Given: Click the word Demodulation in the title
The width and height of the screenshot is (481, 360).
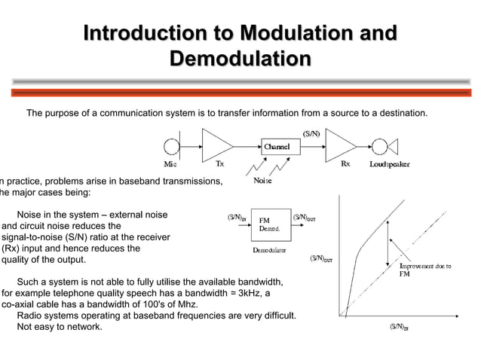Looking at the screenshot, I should click(240, 58).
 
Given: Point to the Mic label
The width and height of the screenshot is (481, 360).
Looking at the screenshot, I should click(171, 163).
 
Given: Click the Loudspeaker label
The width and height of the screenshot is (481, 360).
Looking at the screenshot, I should click(390, 163).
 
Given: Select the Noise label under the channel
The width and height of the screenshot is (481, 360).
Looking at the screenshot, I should click(263, 181).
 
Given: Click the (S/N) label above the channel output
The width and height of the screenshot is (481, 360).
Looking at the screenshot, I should click(311, 133).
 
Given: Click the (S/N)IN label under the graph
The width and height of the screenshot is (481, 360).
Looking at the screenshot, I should click(399, 328).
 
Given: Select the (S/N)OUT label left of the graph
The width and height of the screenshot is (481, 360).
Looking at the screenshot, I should click(322, 258).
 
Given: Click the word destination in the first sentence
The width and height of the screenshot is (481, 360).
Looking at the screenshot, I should click(400, 114).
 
